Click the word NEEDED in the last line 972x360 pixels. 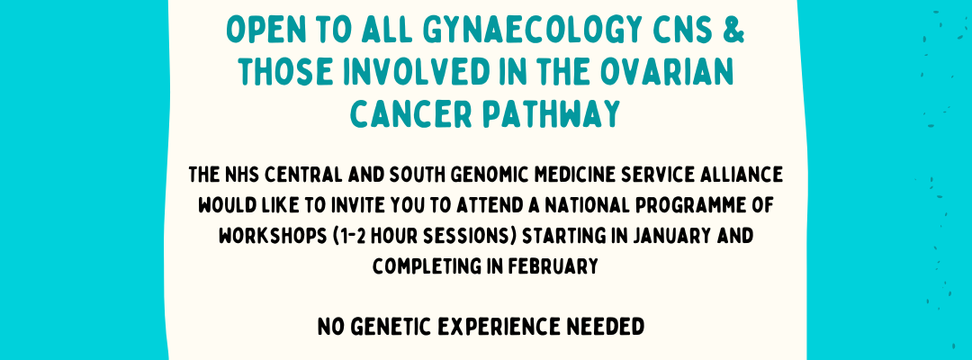coord(613,327)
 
